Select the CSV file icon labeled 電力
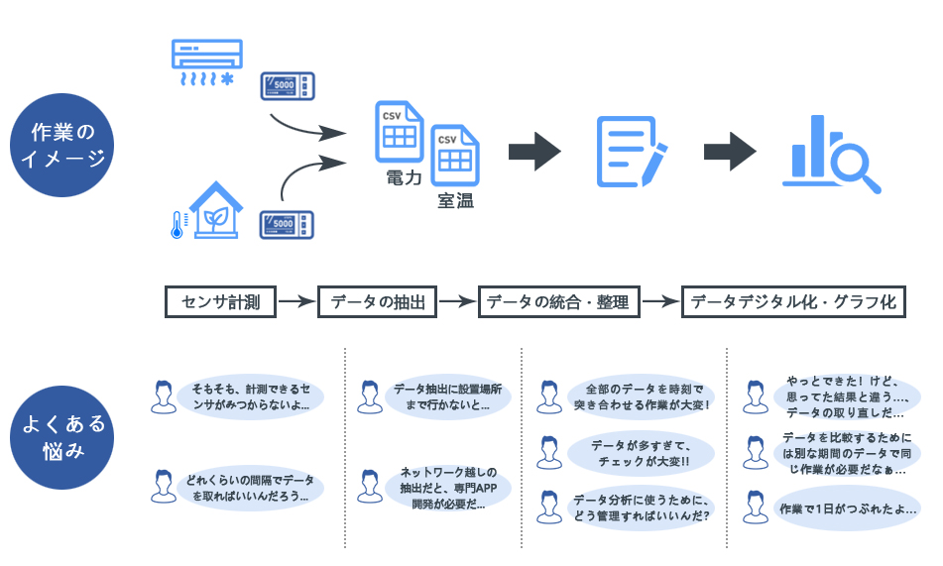[400, 131]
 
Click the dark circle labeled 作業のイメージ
[61, 146]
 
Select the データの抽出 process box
[378, 301]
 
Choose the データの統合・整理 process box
[558, 301]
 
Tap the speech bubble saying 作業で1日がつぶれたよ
[846, 509]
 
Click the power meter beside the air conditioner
[288, 85]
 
